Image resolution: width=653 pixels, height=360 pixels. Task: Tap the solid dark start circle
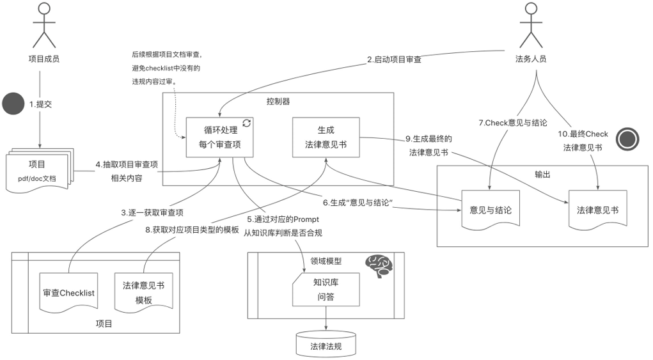12,104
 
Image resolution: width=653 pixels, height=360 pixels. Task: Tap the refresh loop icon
246,123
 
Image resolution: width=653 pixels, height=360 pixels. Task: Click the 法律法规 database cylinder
326,345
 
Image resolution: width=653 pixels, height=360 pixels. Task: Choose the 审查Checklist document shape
68,293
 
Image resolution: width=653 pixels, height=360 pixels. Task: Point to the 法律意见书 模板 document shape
143,293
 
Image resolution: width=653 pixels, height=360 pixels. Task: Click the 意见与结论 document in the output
490,210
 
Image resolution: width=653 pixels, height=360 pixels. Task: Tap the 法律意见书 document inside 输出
597,210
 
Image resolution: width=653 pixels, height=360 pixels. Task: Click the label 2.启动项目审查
394,59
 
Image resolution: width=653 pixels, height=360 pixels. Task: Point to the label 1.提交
40,104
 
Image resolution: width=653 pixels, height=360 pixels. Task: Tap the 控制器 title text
278,101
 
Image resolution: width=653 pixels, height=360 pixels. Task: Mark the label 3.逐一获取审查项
148,212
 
